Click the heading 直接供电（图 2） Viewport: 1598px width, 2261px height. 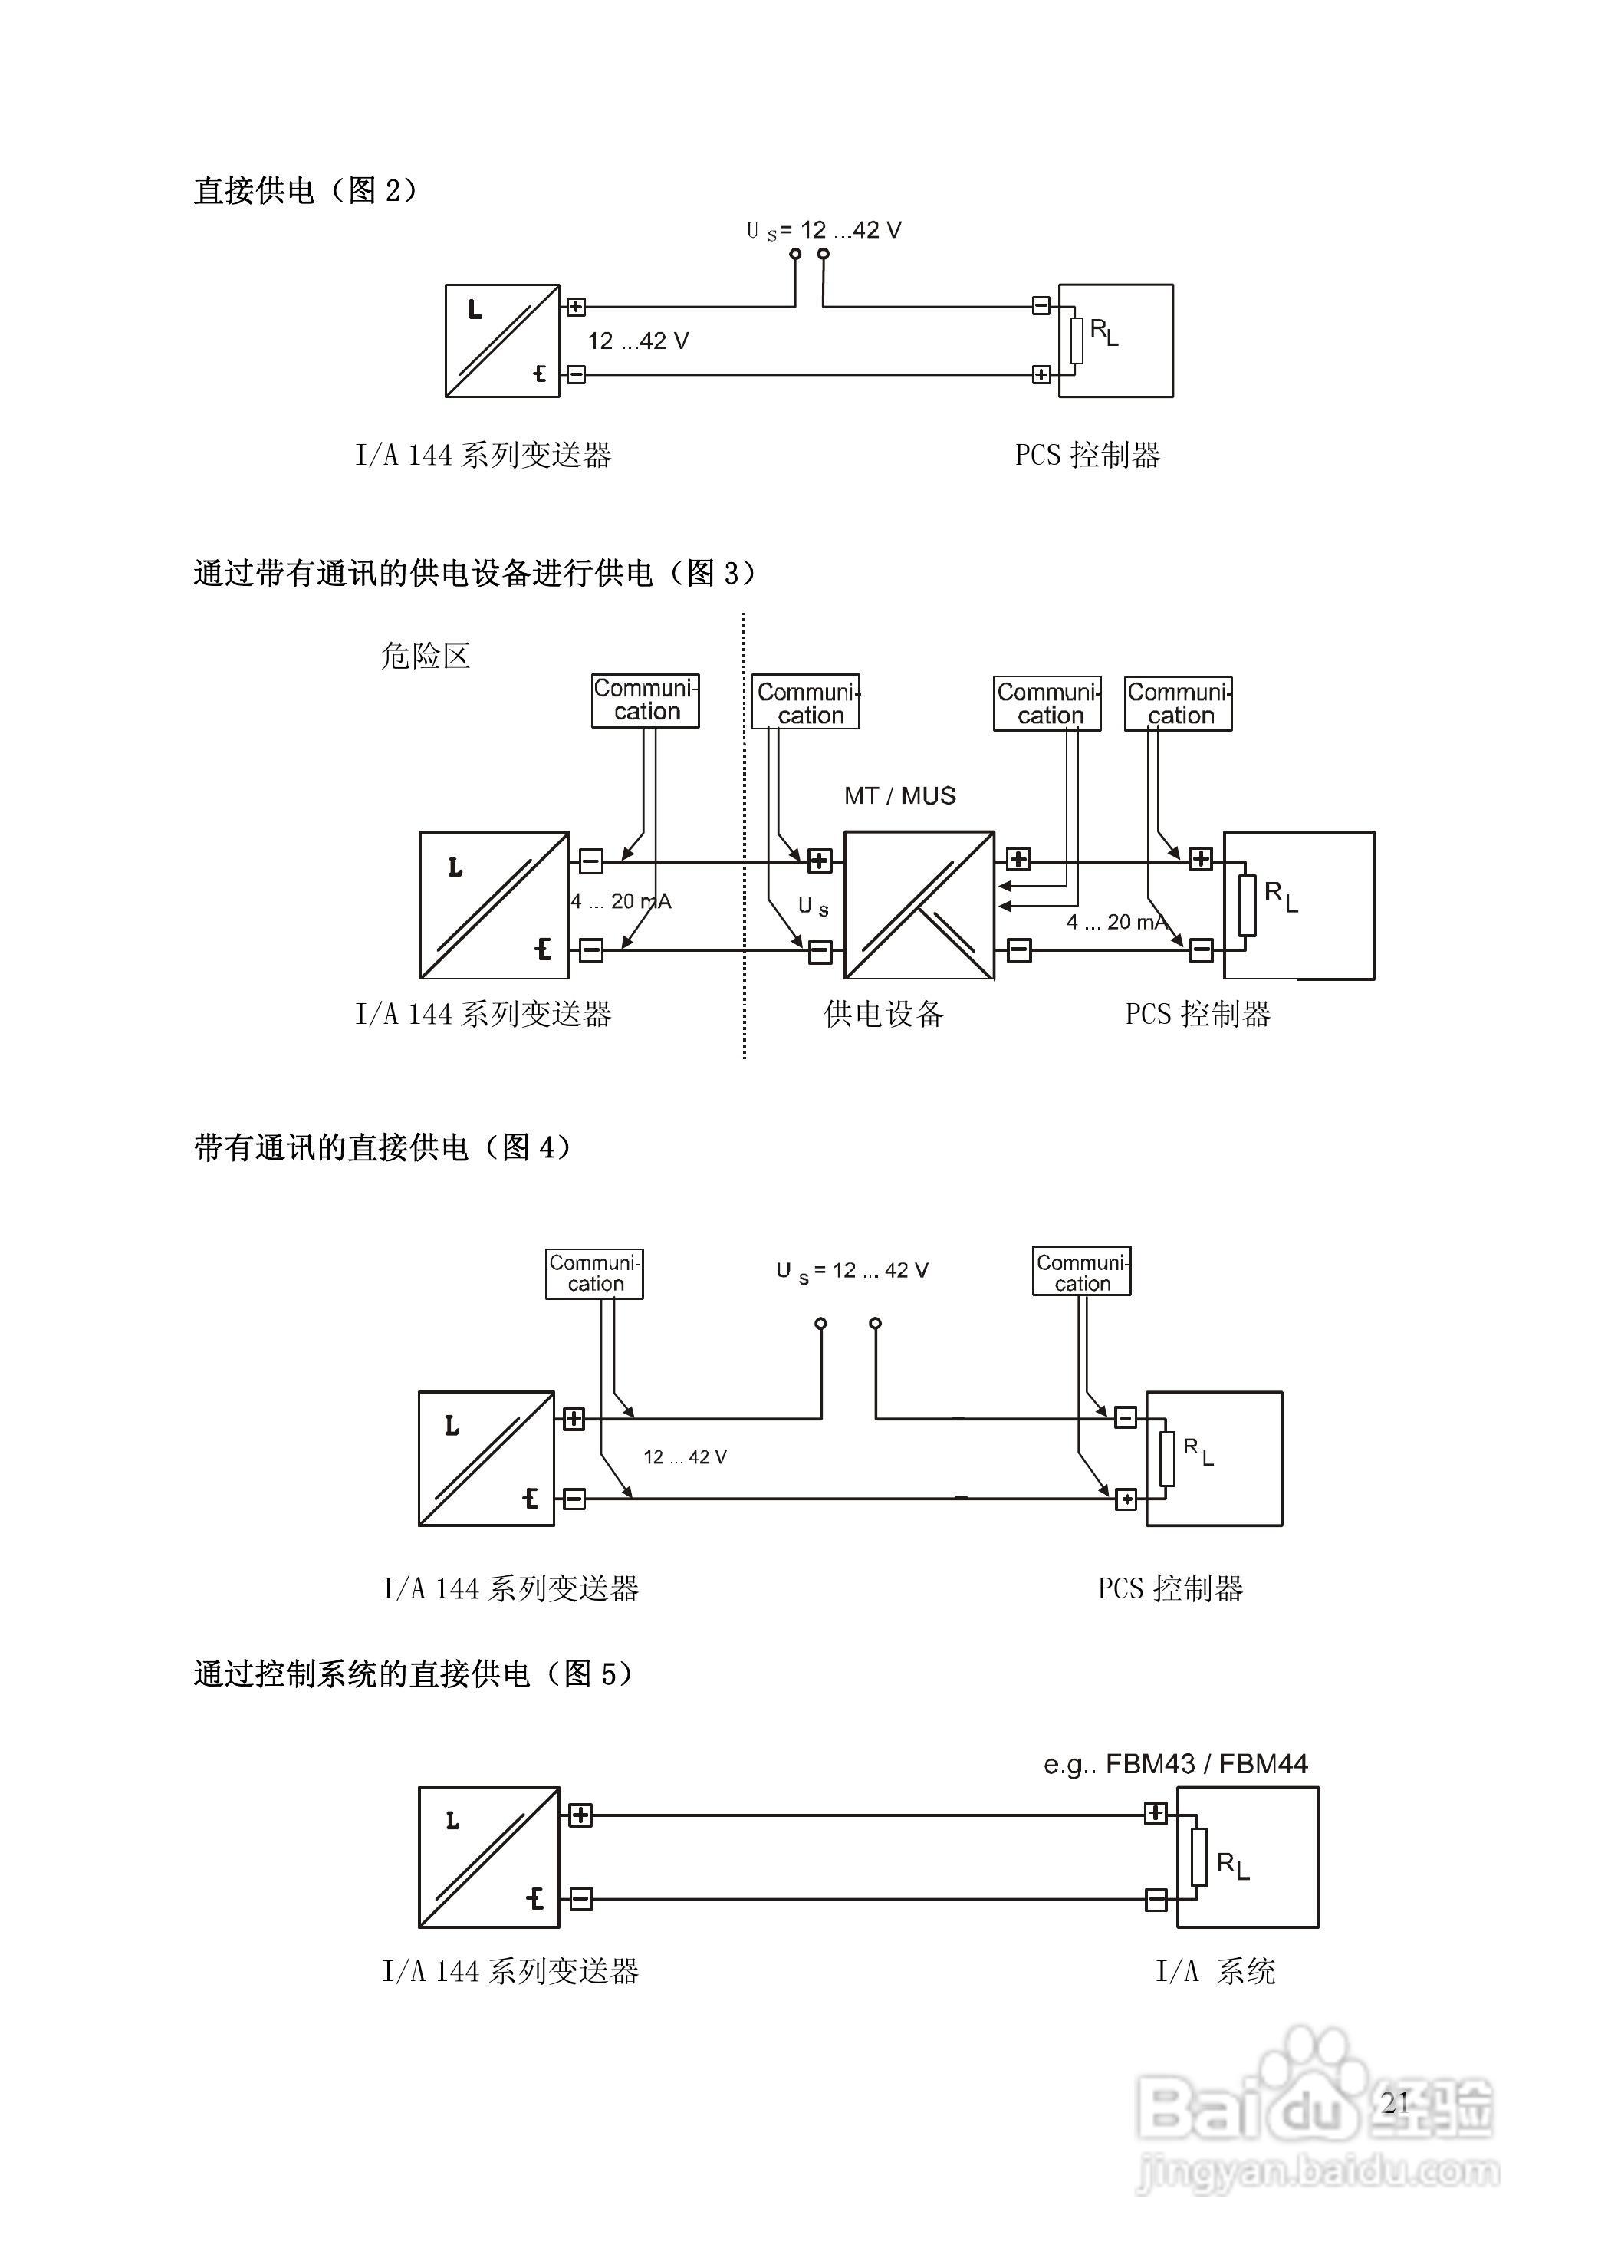(x=305, y=190)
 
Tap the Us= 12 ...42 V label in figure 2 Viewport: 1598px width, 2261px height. (x=824, y=230)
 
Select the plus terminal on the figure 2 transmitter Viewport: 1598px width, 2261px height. (x=576, y=308)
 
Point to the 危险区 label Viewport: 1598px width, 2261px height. (x=426, y=656)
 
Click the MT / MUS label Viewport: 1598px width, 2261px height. (x=899, y=795)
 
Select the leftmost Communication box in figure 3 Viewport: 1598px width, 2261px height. (x=645, y=700)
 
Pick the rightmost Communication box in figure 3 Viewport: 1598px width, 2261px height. (x=1178, y=703)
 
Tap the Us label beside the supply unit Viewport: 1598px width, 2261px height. (x=812, y=906)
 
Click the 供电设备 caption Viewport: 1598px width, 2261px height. (x=883, y=1013)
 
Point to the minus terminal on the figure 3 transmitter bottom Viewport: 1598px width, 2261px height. (x=590, y=950)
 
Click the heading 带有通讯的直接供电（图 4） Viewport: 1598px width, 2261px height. (x=382, y=1147)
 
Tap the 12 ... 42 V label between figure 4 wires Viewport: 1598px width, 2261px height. (x=684, y=1456)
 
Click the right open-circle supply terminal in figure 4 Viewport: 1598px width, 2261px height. (x=876, y=1324)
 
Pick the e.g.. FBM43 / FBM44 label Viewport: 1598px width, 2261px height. (x=1175, y=1764)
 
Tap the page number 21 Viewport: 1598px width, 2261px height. (x=1394, y=2101)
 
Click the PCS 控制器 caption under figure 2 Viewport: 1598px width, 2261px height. (x=1087, y=455)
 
